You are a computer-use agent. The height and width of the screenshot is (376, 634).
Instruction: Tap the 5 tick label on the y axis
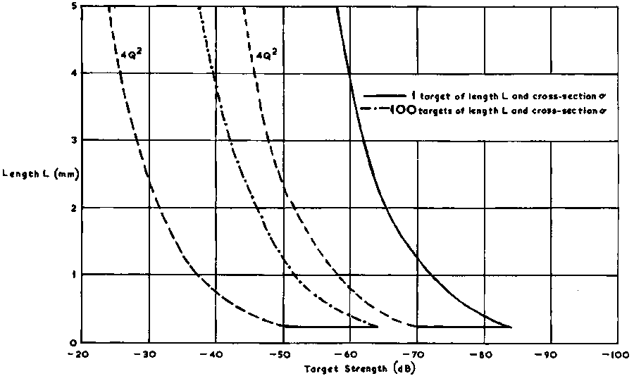(64, 6)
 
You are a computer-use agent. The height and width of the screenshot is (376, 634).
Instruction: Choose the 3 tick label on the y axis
(64, 140)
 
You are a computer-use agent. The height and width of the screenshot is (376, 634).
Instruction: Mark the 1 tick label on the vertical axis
(64, 275)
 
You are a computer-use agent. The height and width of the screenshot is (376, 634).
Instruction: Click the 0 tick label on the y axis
(64, 342)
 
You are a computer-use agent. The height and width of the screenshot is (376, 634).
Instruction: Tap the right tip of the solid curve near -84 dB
(511, 327)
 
